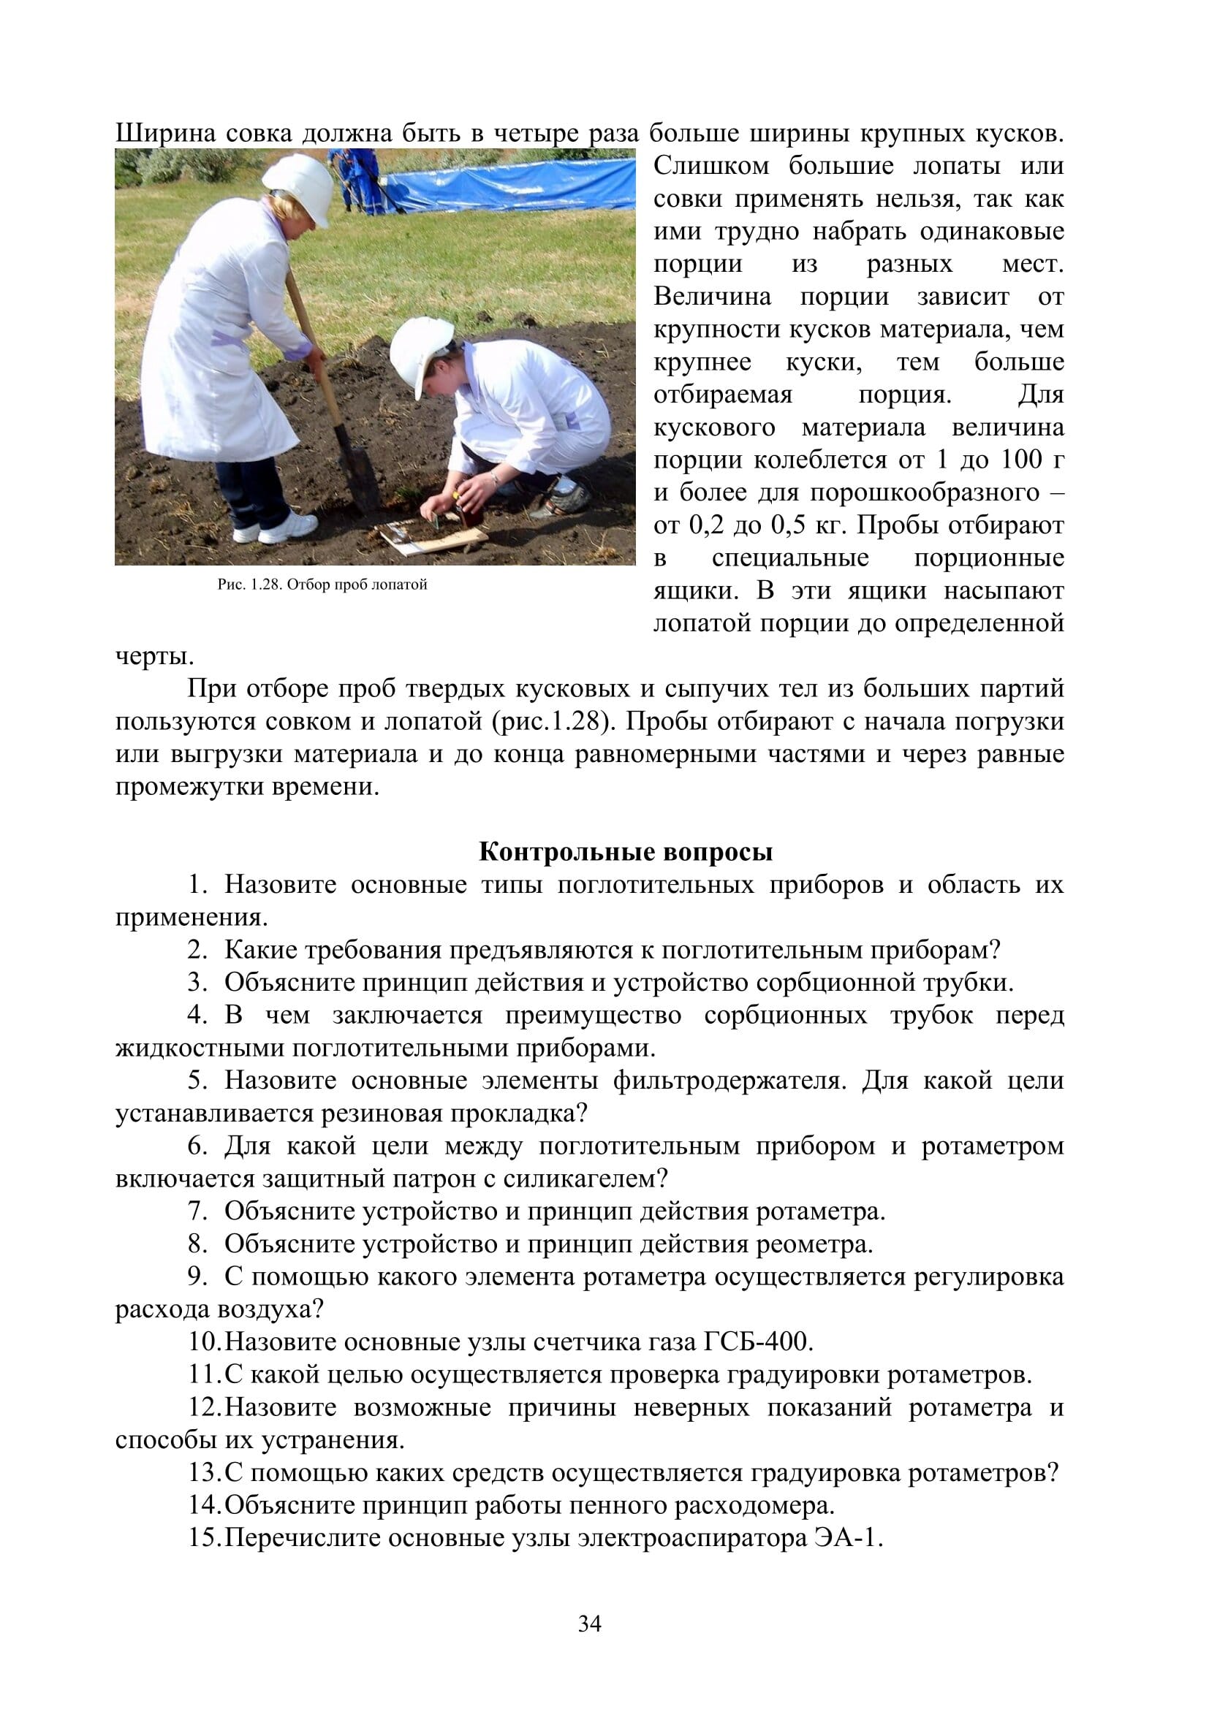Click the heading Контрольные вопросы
pyautogui.click(x=626, y=851)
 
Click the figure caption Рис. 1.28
pyautogui.click(x=322, y=585)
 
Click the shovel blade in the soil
pyautogui.click(x=357, y=476)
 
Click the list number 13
pyautogui.click(x=204, y=1473)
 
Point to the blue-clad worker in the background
pyautogui.click(x=357, y=178)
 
